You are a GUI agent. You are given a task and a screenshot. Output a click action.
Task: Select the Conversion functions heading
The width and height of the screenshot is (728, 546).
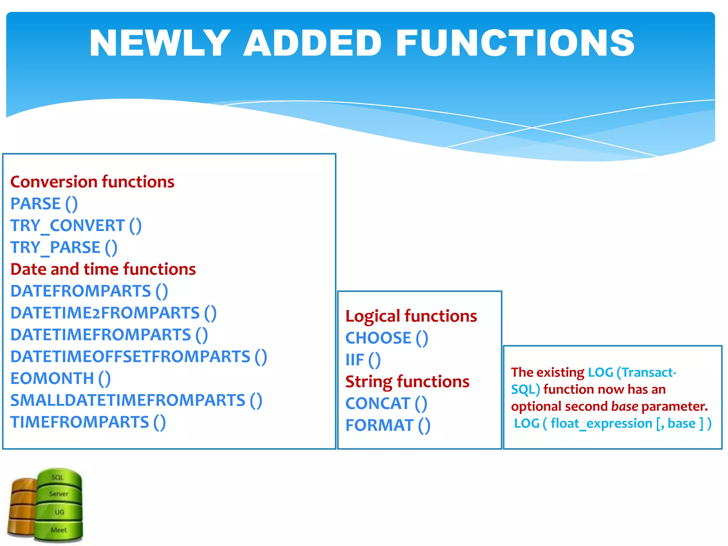click(x=92, y=182)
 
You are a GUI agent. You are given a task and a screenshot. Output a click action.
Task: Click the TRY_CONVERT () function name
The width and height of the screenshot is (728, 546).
click(x=76, y=226)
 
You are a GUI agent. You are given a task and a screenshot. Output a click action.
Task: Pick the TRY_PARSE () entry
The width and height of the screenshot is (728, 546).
click(x=64, y=247)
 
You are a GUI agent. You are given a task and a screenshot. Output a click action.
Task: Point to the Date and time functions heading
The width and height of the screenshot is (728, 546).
click(x=103, y=269)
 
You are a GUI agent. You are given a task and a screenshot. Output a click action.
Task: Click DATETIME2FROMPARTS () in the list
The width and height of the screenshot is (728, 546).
click(x=113, y=313)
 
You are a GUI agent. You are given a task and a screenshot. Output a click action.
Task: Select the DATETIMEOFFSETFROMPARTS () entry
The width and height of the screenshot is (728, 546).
click(x=138, y=357)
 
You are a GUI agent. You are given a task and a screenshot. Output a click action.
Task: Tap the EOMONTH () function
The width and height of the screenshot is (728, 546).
click(x=60, y=378)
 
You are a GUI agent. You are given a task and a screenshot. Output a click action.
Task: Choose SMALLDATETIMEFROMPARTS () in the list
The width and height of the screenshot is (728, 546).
click(x=136, y=400)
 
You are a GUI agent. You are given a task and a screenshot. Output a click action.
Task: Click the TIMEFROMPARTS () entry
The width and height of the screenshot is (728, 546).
click(x=88, y=422)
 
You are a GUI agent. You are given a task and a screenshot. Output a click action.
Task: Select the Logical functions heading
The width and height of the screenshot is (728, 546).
click(x=411, y=316)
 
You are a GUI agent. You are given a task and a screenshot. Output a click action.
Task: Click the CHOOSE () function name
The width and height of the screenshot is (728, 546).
click(x=386, y=338)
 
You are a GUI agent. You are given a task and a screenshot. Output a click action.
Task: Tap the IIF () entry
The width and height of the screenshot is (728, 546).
click(x=363, y=360)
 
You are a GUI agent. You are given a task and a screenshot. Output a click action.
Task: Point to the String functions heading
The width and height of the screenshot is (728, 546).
click(x=407, y=381)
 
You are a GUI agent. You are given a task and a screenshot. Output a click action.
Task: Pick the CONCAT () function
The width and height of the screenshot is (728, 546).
click(x=386, y=403)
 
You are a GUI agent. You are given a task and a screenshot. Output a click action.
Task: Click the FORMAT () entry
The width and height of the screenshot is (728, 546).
click(x=387, y=425)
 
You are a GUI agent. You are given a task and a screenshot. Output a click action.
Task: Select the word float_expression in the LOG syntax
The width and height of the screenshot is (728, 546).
click(x=601, y=423)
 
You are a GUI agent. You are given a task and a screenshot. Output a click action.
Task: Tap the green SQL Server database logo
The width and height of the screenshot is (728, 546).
click(x=59, y=505)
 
